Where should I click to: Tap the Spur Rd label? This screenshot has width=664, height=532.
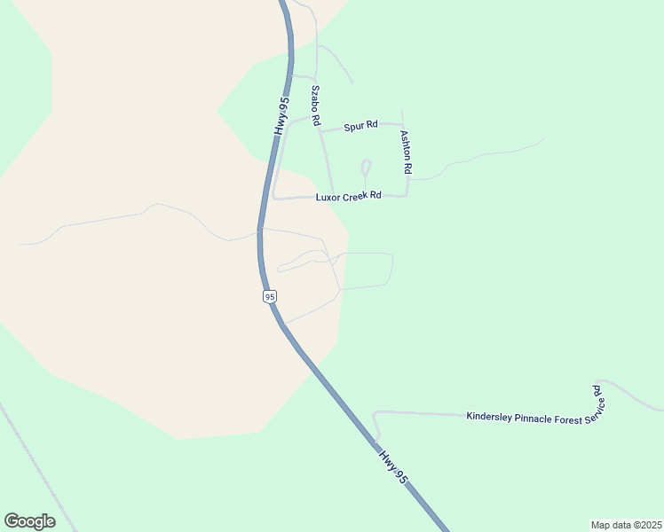tap(360, 125)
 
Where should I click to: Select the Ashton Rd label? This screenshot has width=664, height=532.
tap(405, 152)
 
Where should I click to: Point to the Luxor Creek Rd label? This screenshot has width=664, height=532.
tap(348, 196)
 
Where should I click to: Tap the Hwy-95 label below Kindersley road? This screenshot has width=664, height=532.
tap(394, 466)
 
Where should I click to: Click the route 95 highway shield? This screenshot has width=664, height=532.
tap(270, 296)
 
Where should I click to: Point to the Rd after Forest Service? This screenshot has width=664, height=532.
tap(597, 389)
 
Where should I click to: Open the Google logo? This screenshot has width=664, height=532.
tap(29, 521)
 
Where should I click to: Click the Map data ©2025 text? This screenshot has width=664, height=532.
tap(626, 525)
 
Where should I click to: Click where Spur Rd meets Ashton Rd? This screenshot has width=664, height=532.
tap(403, 125)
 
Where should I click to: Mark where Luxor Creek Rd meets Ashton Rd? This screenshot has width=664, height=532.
tap(407, 194)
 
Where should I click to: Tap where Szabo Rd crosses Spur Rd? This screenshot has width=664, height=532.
tap(320, 130)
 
